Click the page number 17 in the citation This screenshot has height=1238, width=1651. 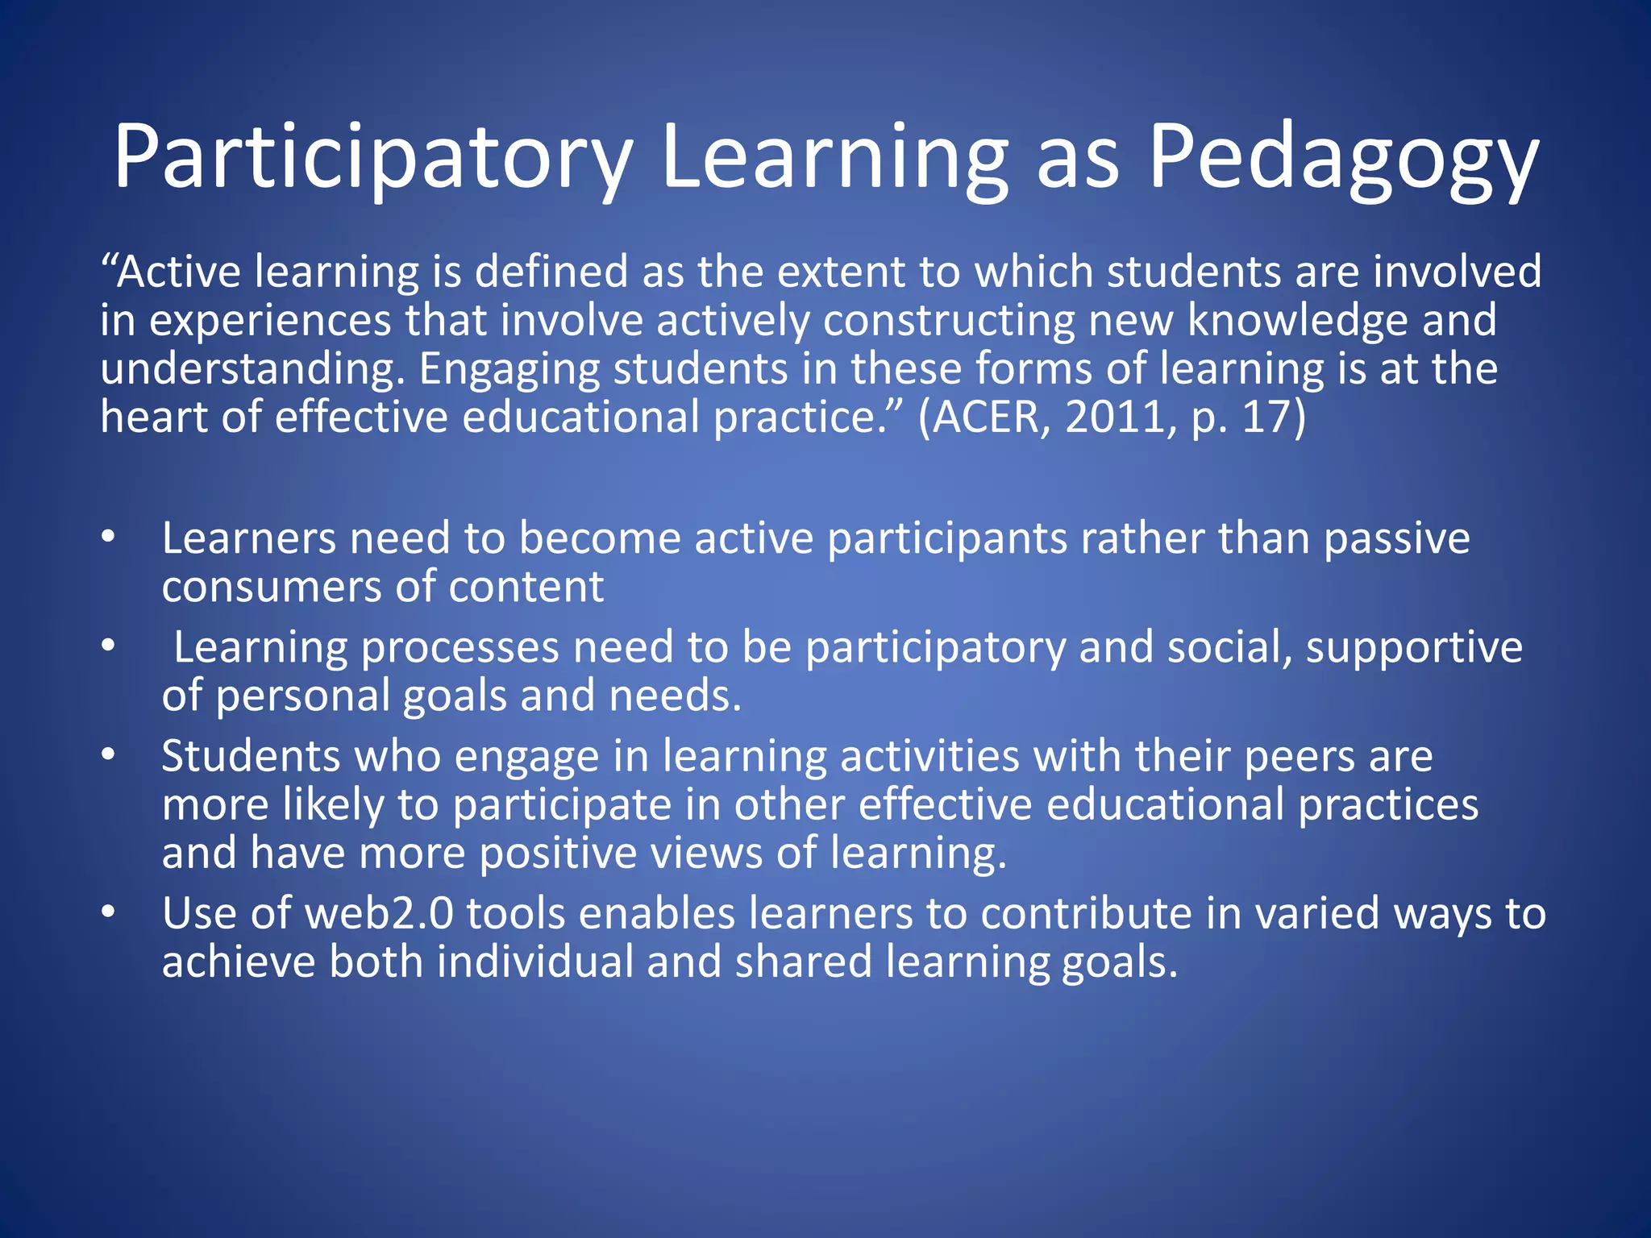tap(1268, 418)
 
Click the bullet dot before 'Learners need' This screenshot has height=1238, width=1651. tap(109, 538)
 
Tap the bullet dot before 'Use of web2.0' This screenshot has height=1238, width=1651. tap(109, 913)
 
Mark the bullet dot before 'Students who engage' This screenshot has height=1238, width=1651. tap(109, 756)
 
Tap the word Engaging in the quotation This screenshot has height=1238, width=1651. tap(509, 369)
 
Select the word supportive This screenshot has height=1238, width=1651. tap(1414, 648)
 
